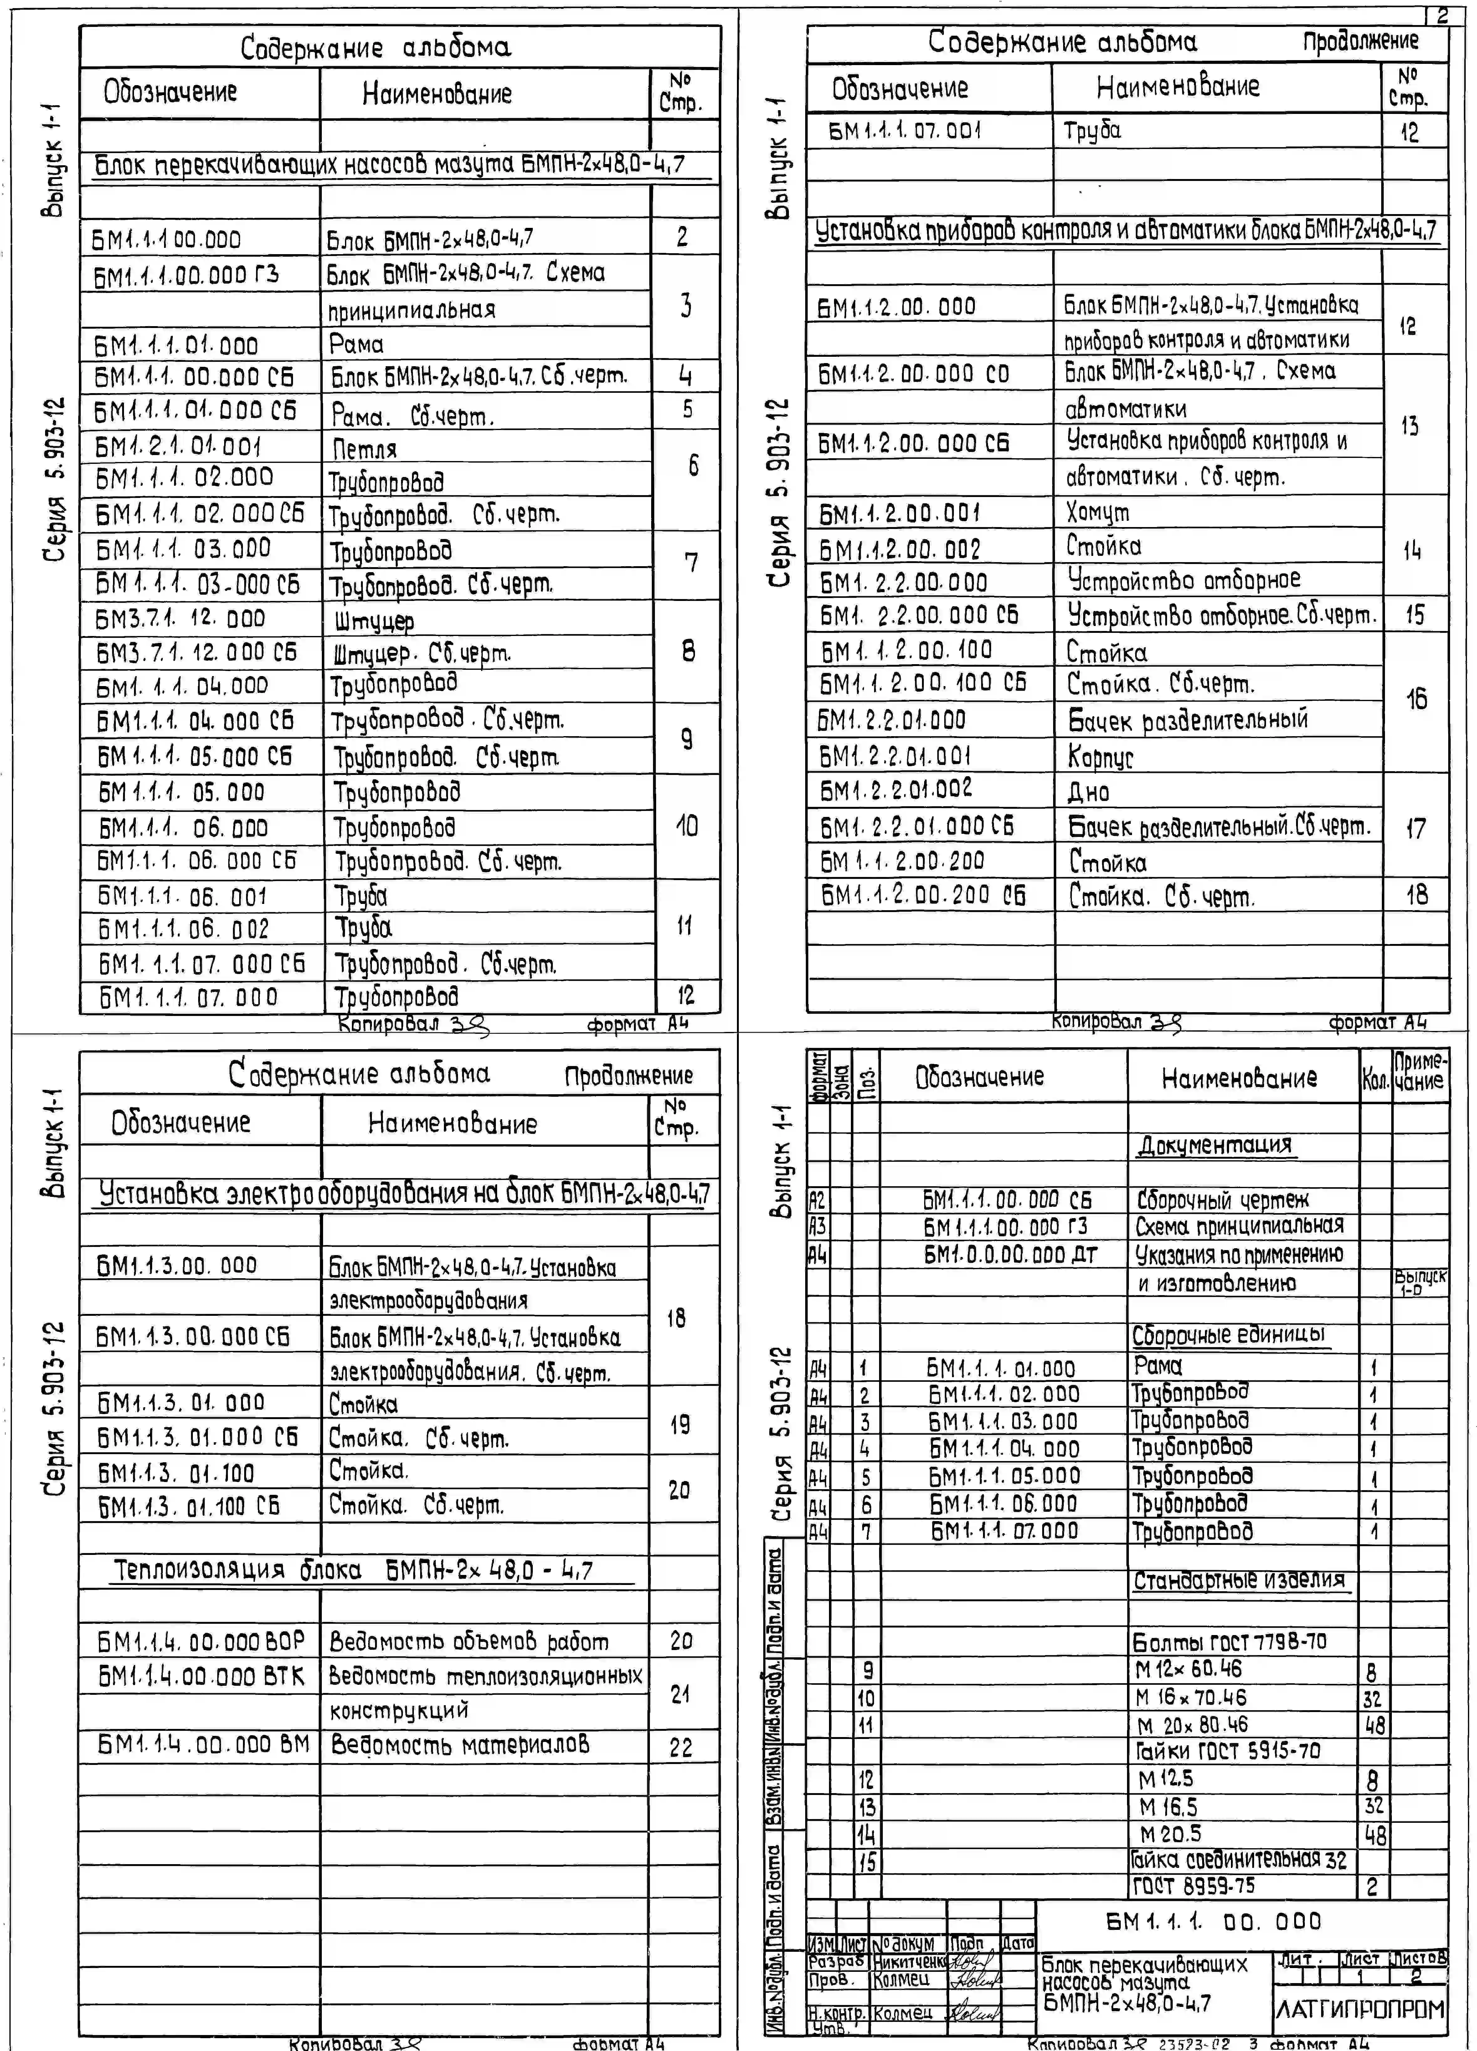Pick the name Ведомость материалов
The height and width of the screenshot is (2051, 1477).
[x=460, y=1744]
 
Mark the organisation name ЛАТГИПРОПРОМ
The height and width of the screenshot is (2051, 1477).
[x=1359, y=2009]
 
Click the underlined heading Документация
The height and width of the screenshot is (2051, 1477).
[x=1214, y=1145]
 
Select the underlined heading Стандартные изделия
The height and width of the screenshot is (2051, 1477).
[x=1239, y=1580]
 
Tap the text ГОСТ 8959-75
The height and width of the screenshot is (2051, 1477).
[x=1194, y=1885]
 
